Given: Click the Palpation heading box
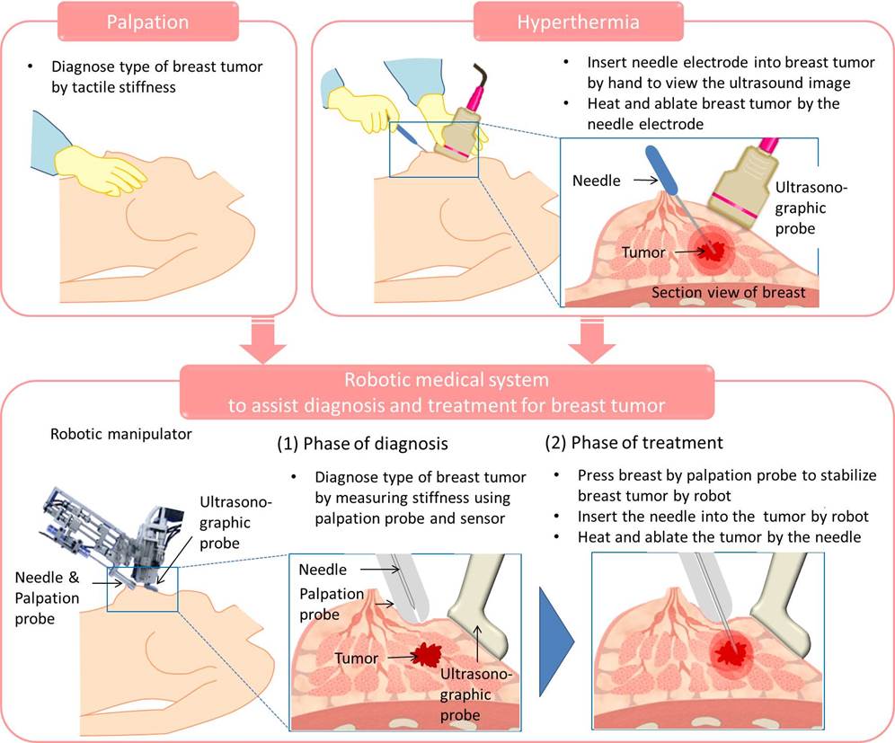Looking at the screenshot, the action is [x=147, y=22].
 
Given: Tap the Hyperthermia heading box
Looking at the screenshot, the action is [x=578, y=22].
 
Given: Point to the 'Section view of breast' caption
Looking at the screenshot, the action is [x=729, y=292].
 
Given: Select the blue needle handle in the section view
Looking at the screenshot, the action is [x=661, y=169].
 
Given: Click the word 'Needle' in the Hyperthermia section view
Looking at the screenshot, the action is [x=597, y=181].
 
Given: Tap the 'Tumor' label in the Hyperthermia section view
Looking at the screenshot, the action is [x=643, y=252].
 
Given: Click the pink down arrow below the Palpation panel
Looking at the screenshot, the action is [x=263, y=341].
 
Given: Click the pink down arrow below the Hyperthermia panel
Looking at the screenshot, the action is [x=592, y=341].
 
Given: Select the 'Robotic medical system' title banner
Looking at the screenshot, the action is [x=447, y=392].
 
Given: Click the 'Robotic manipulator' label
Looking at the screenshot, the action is [x=121, y=434].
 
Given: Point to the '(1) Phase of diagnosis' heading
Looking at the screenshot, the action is [x=362, y=444].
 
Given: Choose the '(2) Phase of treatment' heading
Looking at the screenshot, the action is [x=634, y=443].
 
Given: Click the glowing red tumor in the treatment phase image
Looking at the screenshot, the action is [x=731, y=652].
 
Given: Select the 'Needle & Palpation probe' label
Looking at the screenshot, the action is [x=48, y=598].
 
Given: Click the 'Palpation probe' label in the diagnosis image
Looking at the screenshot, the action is [x=331, y=604].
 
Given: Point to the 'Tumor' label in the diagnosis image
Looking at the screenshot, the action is [x=356, y=658].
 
